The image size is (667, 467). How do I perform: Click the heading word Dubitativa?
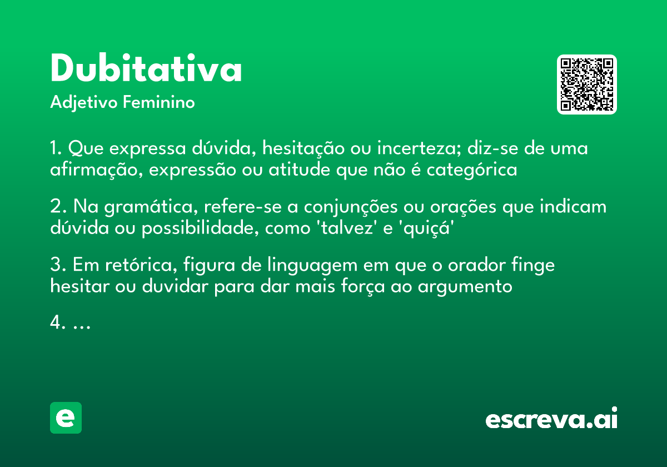click(x=146, y=69)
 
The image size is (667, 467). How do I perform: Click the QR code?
click(x=587, y=85)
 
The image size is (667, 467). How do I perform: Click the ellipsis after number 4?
click(x=82, y=324)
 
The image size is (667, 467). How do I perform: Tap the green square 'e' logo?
click(x=66, y=418)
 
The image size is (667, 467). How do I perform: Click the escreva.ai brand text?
click(x=551, y=419)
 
